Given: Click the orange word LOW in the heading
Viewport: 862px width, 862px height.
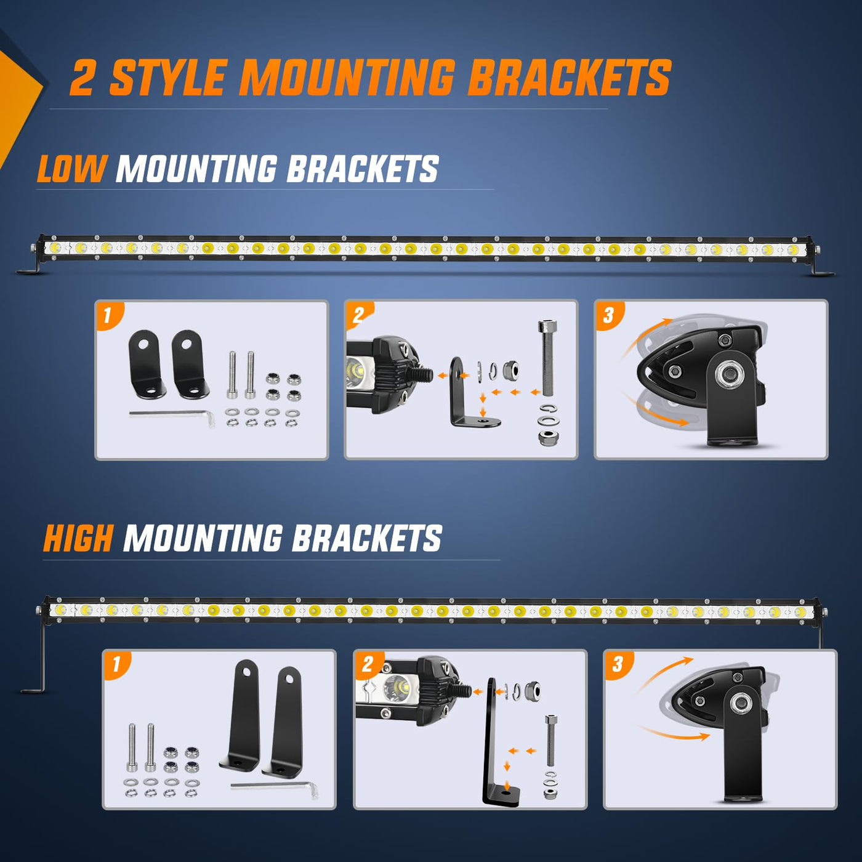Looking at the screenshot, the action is pos(71,169).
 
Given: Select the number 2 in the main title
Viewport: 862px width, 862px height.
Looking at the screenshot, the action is pos(83,78).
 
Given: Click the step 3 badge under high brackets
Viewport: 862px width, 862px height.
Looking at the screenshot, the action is pos(618,664).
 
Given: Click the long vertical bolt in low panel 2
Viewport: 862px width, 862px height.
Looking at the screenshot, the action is pos(546,357).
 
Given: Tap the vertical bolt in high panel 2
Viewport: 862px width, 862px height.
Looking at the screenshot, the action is pos(550,739).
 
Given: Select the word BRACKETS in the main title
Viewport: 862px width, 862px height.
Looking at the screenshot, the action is pos(569,78).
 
